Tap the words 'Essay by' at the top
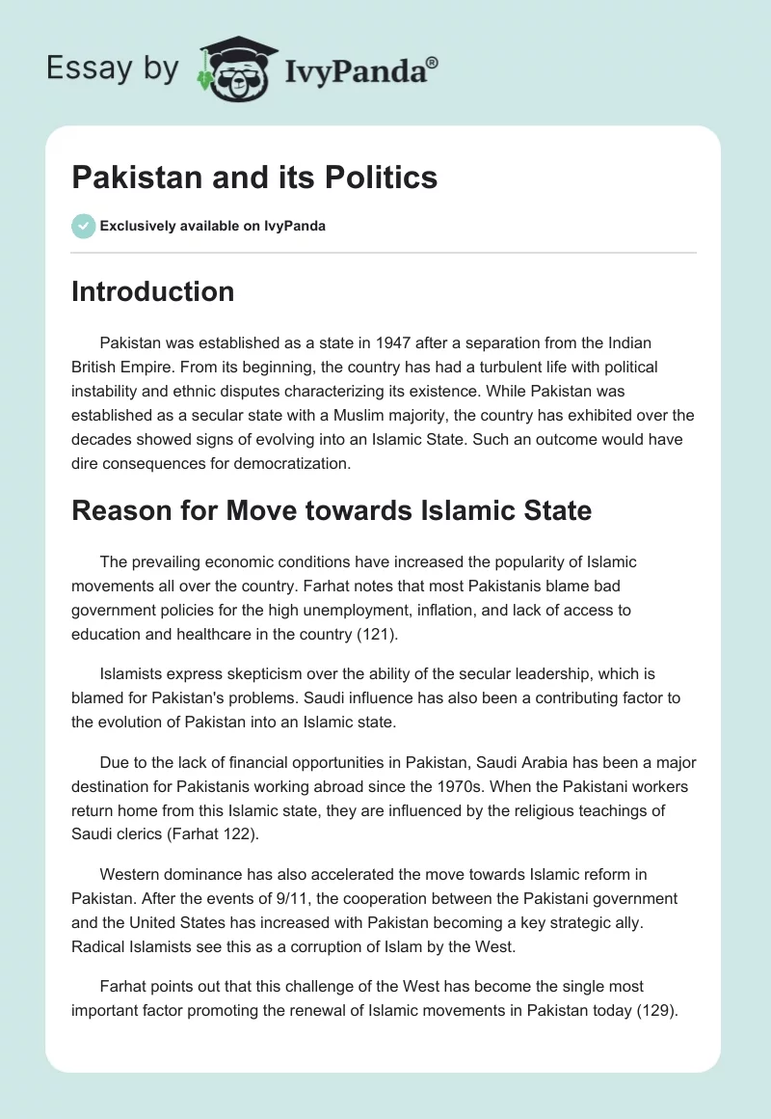point(113,68)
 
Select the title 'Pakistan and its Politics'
point(254,177)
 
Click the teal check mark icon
point(83,226)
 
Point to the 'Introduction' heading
point(152,291)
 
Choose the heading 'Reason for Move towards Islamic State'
point(332,510)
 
